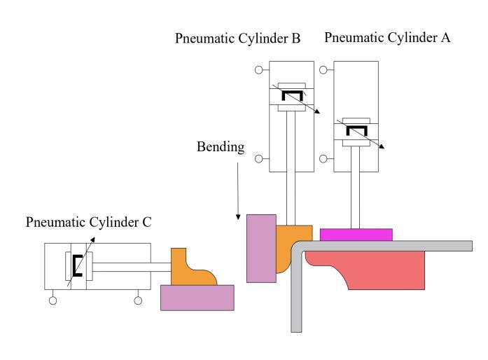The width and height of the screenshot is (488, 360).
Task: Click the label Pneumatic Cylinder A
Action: coord(387,37)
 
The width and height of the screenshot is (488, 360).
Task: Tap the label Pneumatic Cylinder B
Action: coord(238,39)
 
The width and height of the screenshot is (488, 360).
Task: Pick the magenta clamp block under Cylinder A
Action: coord(356,234)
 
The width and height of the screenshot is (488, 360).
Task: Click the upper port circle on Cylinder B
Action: coord(258,70)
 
